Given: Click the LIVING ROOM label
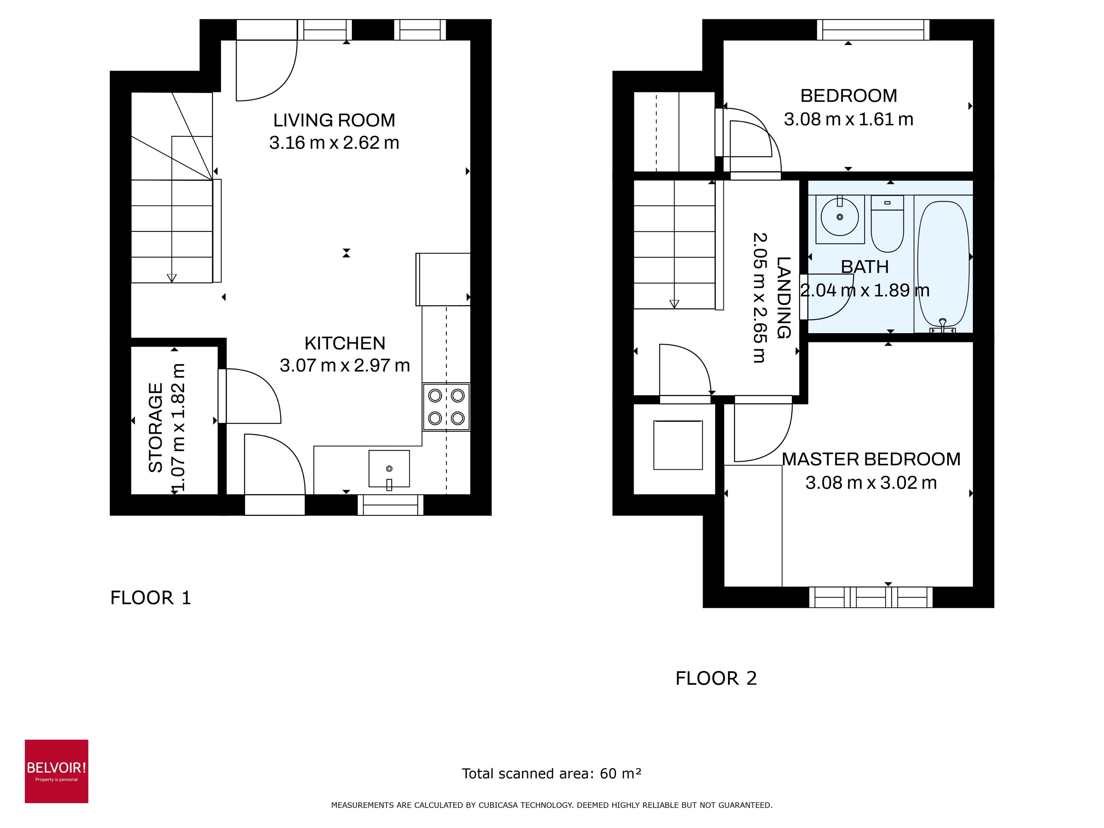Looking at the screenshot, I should [334, 120].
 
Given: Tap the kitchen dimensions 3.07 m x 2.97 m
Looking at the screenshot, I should [344, 365].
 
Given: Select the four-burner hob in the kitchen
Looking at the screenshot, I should [446, 407].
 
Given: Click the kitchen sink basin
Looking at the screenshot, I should [389, 469].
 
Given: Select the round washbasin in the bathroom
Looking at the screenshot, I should [839, 218].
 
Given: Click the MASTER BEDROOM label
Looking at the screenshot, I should [871, 459].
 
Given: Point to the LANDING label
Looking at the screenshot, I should [784, 298].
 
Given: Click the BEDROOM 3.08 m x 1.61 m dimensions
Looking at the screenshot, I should [848, 119].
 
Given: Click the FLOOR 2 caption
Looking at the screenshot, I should [716, 678].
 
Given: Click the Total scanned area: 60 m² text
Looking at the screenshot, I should [551, 773].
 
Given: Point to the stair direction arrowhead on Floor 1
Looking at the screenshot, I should [172, 278].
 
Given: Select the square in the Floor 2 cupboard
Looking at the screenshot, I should [678, 445].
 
